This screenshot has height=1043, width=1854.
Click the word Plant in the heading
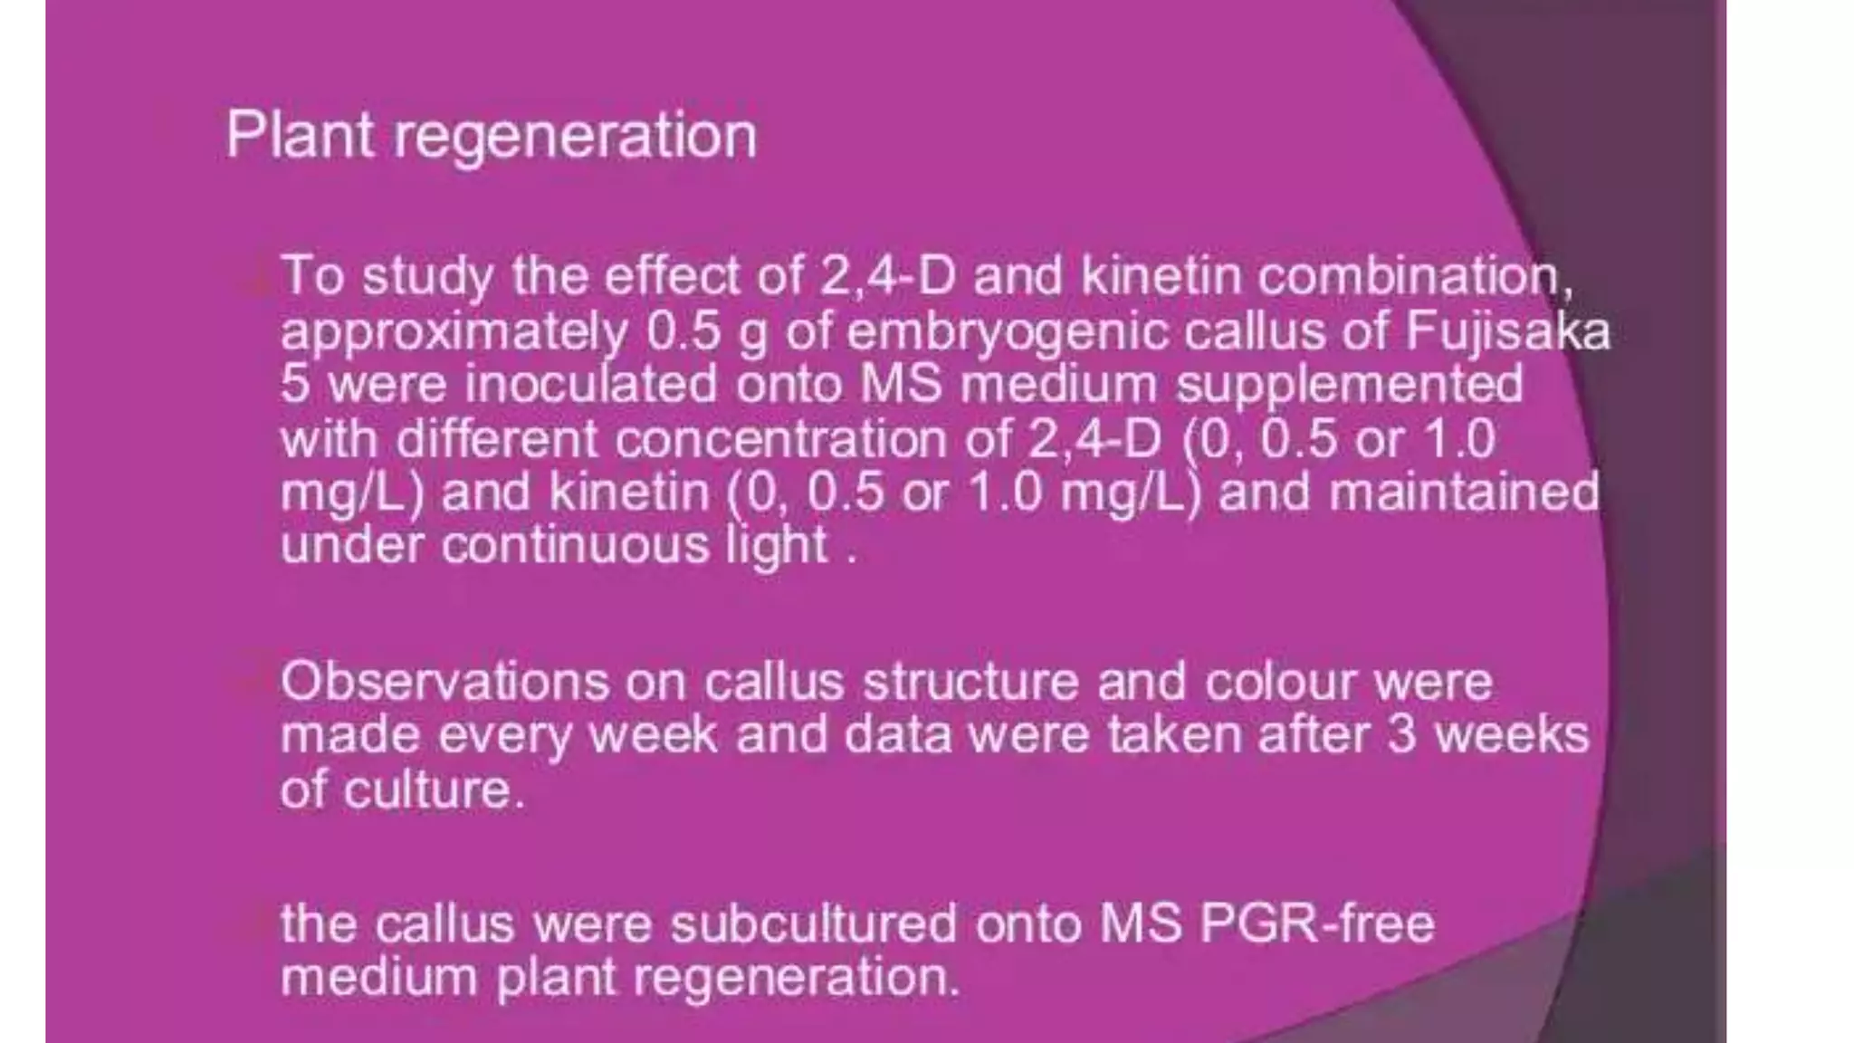point(299,136)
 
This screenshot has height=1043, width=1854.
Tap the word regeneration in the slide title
point(575,138)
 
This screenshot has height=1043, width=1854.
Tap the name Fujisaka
point(1507,331)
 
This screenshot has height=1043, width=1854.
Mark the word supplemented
point(1349,386)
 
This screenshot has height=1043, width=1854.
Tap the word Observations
point(444,681)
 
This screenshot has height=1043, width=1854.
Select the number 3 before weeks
point(1400,734)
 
